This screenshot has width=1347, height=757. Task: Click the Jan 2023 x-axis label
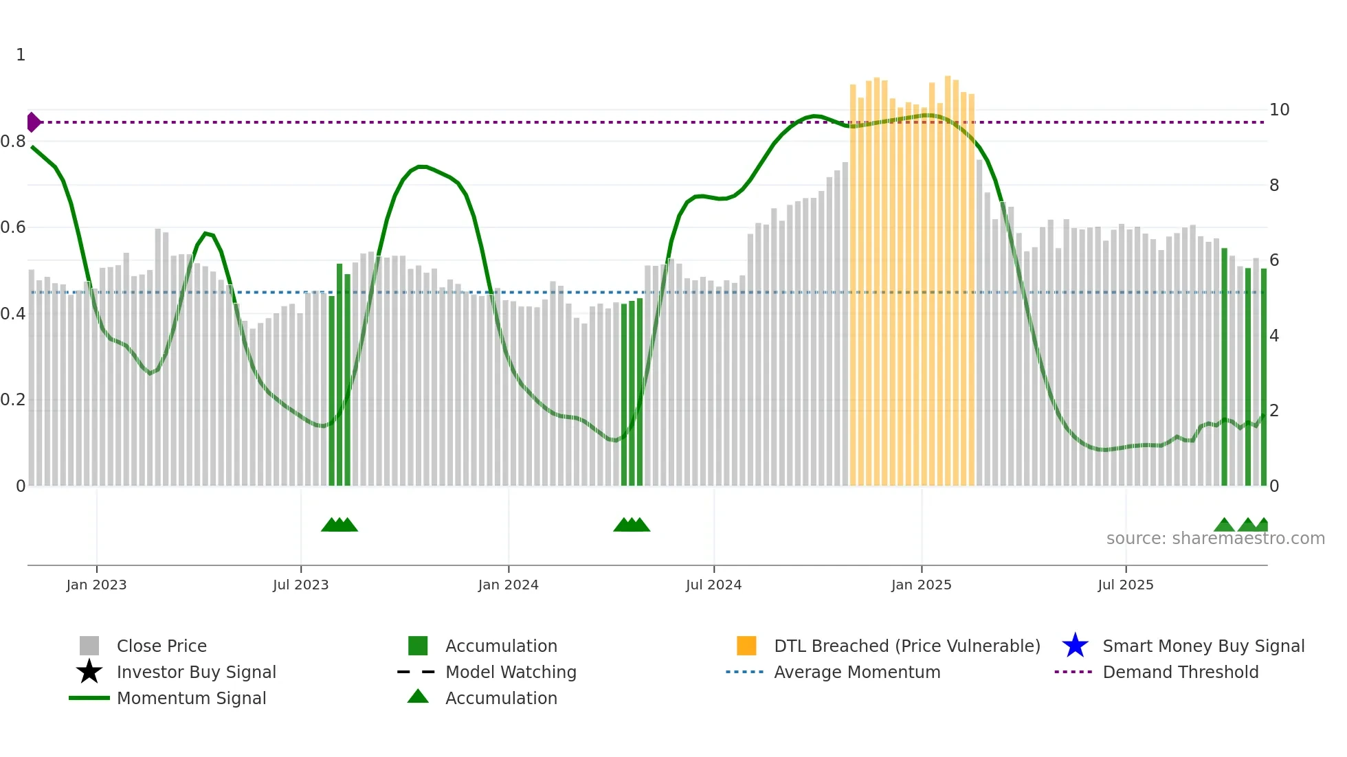tap(96, 585)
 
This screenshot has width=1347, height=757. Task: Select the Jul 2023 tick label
tap(300, 585)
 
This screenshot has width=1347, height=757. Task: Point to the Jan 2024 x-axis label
tap(508, 585)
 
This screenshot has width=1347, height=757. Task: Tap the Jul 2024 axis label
tap(713, 585)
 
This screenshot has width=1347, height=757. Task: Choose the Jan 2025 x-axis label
tap(921, 585)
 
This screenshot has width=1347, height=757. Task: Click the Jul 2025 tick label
tap(1125, 585)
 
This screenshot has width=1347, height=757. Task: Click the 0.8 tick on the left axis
tap(13, 142)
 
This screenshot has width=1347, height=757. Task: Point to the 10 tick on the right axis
tap(1279, 110)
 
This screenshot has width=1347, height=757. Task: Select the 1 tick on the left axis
tap(21, 55)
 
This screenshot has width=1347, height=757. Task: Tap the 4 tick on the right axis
tap(1274, 336)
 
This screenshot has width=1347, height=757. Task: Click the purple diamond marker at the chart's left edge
tap(33, 122)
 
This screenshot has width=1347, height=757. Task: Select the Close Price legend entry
tap(162, 646)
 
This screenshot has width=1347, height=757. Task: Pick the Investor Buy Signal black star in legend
tap(89, 672)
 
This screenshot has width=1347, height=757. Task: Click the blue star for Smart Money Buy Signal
tap(1075, 646)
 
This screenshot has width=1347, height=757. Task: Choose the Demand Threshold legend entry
tap(1180, 672)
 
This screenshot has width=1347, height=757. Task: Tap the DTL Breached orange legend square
tap(746, 646)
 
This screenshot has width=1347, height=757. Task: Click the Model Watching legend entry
tap(511, 672)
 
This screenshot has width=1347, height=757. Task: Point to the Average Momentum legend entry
tap(857, 672)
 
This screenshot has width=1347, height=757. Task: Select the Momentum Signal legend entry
tap(191, 698)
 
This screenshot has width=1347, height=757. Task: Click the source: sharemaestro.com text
tap(1215, 539)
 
